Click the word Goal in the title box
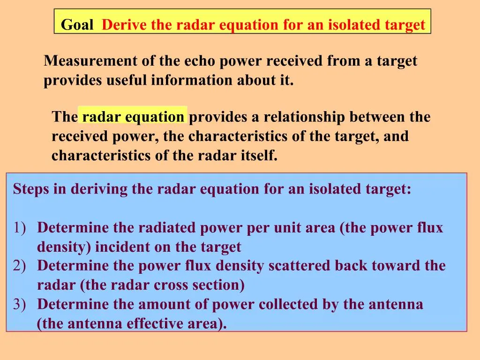pos(77,24)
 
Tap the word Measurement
pos(90,60)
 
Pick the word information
pos(192,80)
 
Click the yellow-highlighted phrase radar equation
pos(133,117)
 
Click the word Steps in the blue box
pos(31,189)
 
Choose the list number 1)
pos(19,228)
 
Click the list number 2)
pos(19,265)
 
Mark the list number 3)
pos(19,304)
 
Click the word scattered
pos(300,265)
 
